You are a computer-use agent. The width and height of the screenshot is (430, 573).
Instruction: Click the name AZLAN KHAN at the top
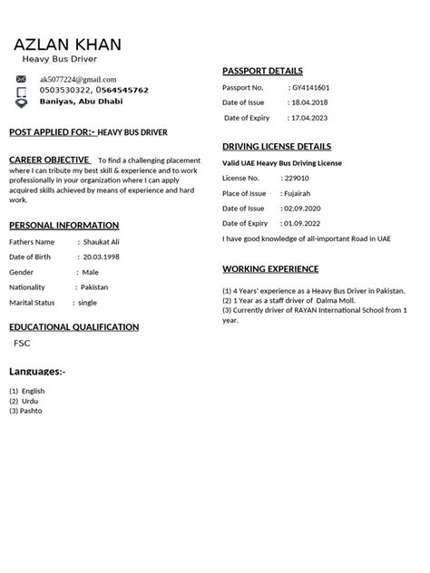pyautogui.click(x=68, y=44)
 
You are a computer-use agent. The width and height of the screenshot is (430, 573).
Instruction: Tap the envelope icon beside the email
pyautogui.click(x=22, y=80)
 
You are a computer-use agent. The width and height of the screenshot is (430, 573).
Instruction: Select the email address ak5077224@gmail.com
pyautogui.click(x=77, y=80)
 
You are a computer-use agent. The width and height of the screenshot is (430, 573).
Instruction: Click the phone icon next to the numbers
pyautogui.click(x=22, y=91)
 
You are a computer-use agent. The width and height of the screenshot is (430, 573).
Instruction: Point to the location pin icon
pyautogui.click(x=22, y=102)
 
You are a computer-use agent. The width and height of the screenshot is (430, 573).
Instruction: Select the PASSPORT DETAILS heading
pyautogui.click(x=262, y=71)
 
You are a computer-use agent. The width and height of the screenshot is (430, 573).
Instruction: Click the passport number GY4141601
pyautogui.click(x=310, y=87)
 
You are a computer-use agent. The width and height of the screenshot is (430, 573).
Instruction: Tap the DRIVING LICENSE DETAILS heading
pyautogui.click(x=277, y=146)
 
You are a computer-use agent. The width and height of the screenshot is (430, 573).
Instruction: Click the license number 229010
pyautogui.click(x=297, y=178)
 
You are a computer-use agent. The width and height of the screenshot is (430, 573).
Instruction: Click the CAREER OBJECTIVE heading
pyautogui.click(x=49, y=160)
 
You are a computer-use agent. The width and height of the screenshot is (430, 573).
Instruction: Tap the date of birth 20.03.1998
pyautogui.click(x=101, y=257)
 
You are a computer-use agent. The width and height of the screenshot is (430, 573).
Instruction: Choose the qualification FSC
pyautogui.click(x=22, y=345)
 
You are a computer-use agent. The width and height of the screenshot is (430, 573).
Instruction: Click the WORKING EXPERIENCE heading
pyautogui.click(x=270, y=269)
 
